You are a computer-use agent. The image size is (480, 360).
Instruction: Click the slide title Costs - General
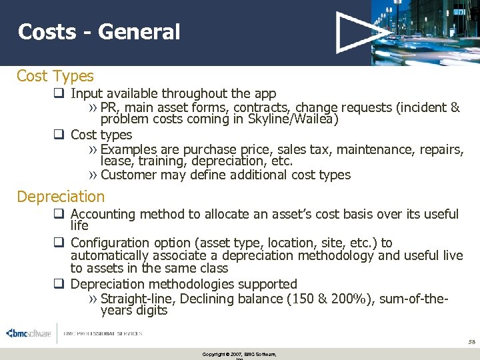click(99, 31)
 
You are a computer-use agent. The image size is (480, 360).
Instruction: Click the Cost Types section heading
click(55, 76)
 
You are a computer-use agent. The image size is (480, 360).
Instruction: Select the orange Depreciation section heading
click(61, 197)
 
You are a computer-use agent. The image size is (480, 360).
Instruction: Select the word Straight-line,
click(141, 299)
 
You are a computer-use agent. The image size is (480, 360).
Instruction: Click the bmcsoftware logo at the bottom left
click(28, 333)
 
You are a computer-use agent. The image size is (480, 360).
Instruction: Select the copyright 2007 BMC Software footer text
click(239, 354)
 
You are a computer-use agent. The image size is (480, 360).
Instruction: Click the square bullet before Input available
click(59, 94)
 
